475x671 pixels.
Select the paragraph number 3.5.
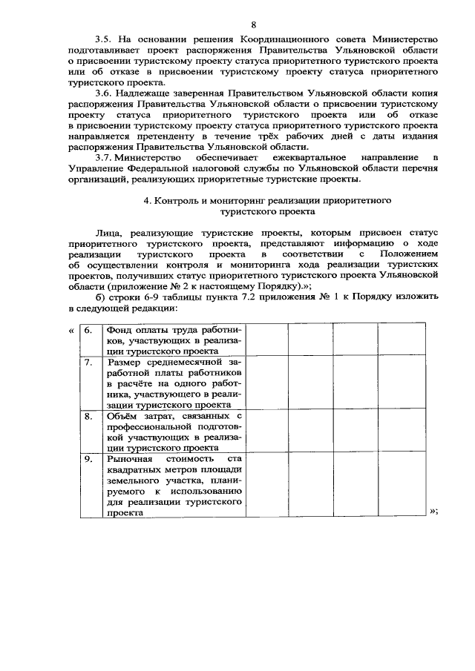(103, 38)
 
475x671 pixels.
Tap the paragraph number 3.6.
(103, 94)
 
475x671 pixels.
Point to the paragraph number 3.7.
(103, 158)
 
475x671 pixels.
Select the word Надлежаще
(145, 94)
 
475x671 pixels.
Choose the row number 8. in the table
(89, 417)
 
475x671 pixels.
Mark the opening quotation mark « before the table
(71, 330)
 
